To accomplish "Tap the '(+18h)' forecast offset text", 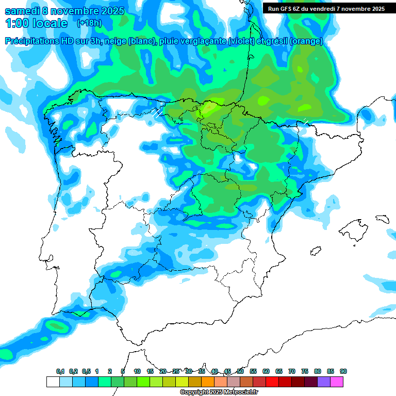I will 89,23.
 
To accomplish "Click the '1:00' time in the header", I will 16,23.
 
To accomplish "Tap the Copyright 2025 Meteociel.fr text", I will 219,392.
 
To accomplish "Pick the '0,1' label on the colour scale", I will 60,372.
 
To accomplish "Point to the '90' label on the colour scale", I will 343,372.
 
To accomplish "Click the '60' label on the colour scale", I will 266,372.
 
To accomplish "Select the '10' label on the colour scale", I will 137,372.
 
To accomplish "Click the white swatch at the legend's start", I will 53,382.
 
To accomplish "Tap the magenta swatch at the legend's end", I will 337,382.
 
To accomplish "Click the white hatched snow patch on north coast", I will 158,112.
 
